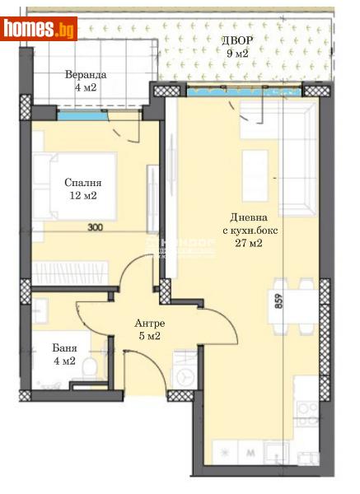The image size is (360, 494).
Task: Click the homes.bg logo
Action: click(40, 29)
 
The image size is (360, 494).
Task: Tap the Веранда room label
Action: click(86, 74)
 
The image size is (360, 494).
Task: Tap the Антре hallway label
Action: click(150, 323)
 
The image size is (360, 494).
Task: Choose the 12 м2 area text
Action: click(82, 196)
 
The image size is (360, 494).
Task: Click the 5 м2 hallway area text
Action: click(150, 336)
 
